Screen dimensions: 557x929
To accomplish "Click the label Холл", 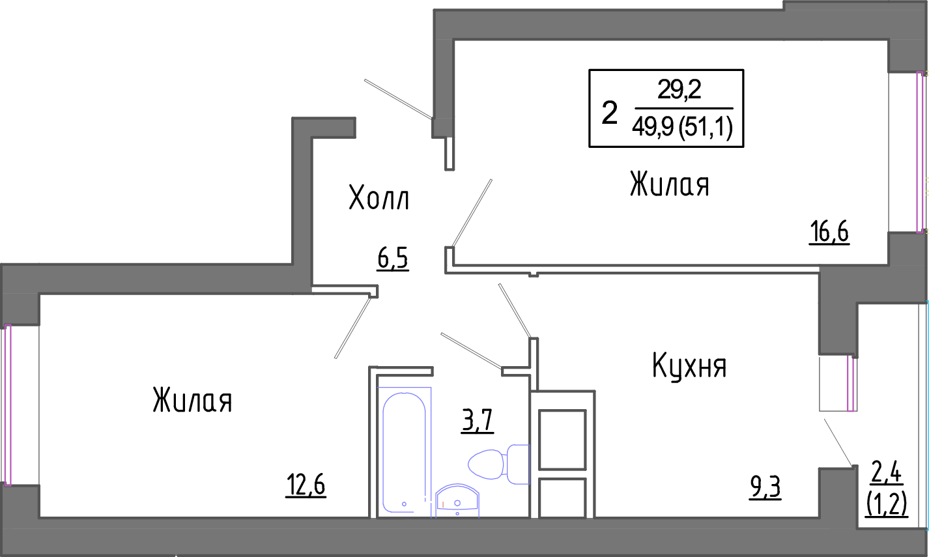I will (x=379, y=198).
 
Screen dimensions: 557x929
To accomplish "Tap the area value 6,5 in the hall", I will (x=392, y=259).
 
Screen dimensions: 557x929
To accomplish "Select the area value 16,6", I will (x=829, y=231).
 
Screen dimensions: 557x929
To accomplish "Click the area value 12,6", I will (x=306, y=485).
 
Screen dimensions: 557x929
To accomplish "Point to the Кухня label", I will (x=689, y=366).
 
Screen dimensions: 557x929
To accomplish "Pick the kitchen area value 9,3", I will (x=765, y=487).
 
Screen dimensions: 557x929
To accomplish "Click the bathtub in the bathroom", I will (x=404, y=450).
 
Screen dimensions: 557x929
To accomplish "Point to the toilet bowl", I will (x=489, y=464).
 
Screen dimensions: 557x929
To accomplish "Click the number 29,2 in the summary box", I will (x=679, y=90).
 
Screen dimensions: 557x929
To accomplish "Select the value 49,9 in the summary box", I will (x=653, y=128).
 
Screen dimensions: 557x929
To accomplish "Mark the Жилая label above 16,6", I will (x=669, y=184).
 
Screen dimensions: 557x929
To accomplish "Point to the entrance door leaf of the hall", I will (x=398, y=99).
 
